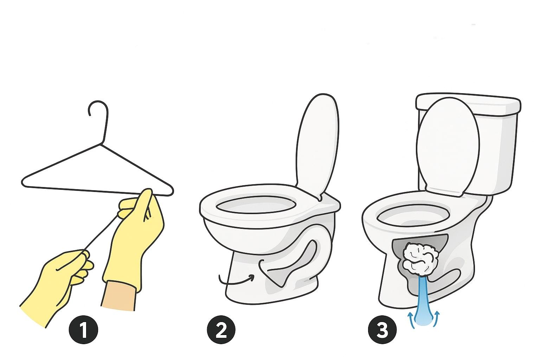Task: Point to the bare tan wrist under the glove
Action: [119, 295]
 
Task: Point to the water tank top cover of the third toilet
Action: [468, 104]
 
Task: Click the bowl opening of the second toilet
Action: [256, 204]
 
